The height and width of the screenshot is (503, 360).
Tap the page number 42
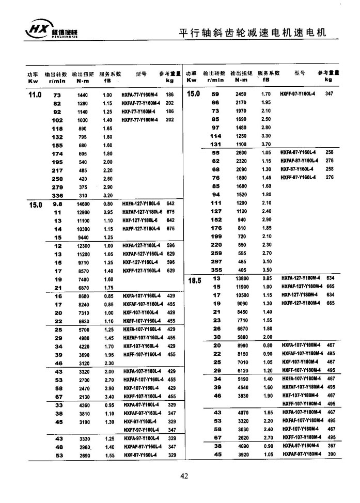point(184,476)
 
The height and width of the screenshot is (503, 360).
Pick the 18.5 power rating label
point(193,280)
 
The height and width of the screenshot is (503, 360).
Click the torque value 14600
point(83,205)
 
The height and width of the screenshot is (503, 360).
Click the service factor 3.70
point(266,144)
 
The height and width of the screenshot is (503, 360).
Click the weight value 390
point(332,454)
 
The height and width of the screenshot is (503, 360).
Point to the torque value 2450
point(241,94)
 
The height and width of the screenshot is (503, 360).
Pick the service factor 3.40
point(108,396)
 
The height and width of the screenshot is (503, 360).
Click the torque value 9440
point(83,237)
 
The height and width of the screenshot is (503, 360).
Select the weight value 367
point(332,446)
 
